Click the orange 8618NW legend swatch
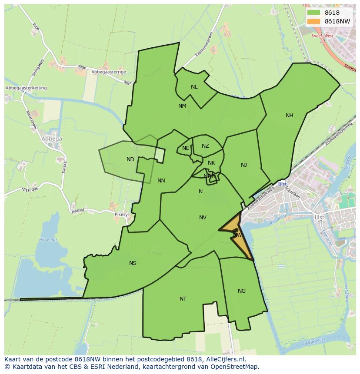click(313, 21)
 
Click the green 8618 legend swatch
click(313, 13)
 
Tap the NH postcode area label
click(290, 115)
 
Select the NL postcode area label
click(194, 86)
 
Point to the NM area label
click(182, 106)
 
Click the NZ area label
click(205, 146)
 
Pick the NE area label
click(186, 148)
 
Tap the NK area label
click(211, 163)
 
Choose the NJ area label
click(244, 165)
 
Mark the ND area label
click(130, 159)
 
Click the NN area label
click(161, 181)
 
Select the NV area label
click(203, 218)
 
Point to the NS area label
click(133, 263)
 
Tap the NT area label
click(183, 298)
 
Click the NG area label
click(242, 291)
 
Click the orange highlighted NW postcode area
click(238, 235)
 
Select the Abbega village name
click(52, 139)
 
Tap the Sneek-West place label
click(322, 36)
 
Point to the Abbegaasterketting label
click(26, 88)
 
